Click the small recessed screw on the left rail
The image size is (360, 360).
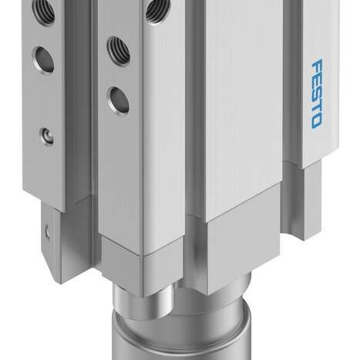click(x=49, y=137)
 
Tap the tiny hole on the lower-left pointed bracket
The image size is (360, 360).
click(x=48, y=230)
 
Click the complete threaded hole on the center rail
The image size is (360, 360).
click(x=118, y=50)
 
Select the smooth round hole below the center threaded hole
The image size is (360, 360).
click(x=118, y=99)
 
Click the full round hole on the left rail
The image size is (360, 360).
click(x=43, y=59)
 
